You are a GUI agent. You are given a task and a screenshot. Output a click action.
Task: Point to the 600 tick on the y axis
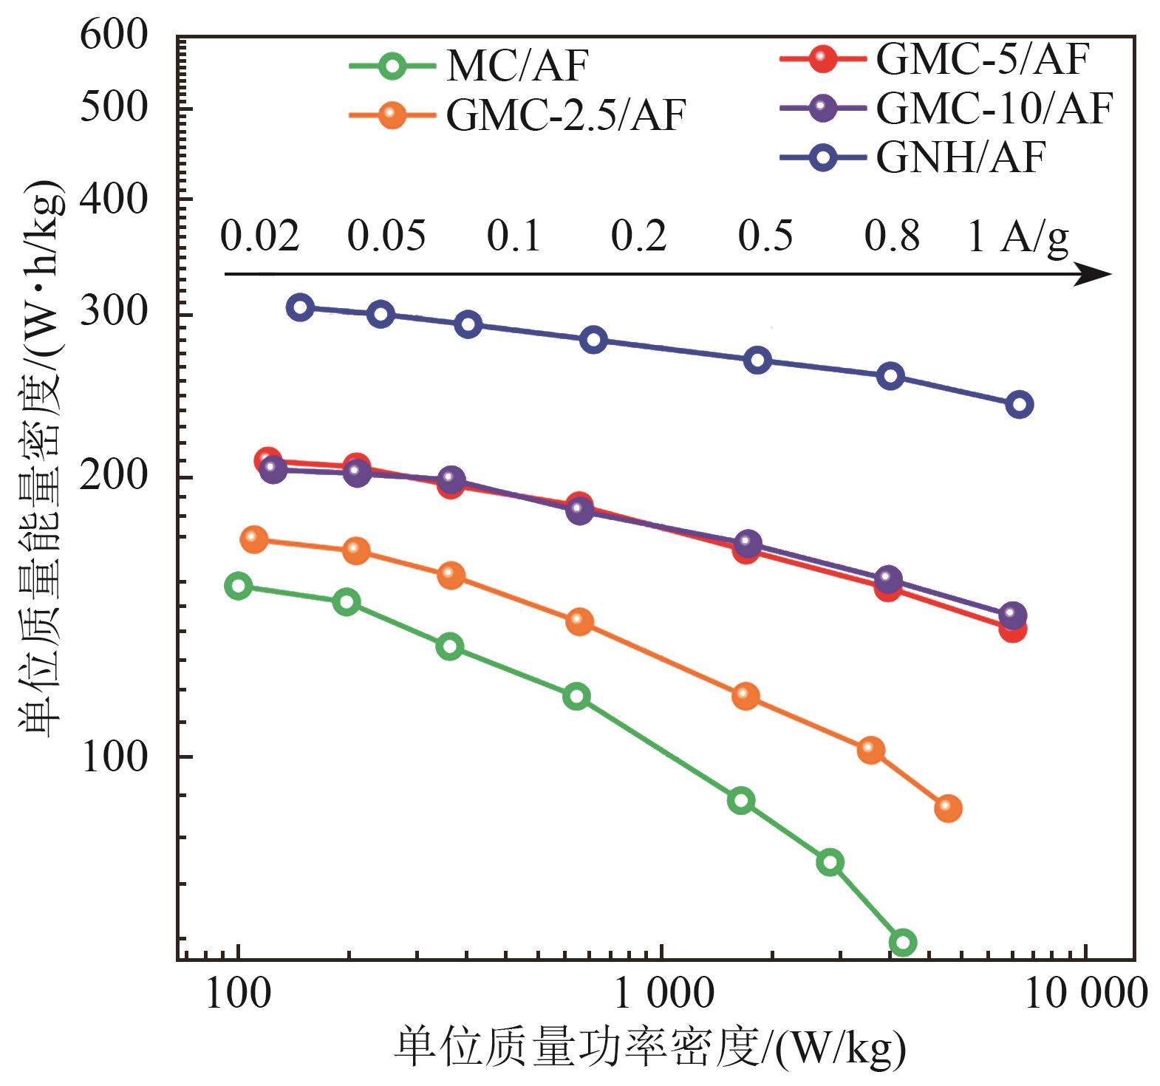[115, 35]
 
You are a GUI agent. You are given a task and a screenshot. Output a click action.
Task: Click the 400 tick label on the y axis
[115, 199]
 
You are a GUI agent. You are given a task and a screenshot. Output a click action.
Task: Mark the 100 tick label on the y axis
[115, 757]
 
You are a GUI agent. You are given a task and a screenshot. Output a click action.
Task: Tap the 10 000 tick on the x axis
[1085, 994]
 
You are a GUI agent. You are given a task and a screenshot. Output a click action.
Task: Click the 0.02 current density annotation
[260, 236]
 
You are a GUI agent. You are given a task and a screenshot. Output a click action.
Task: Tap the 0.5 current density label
[765, 236]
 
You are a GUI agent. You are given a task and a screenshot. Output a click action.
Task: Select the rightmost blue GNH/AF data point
[1020, 404]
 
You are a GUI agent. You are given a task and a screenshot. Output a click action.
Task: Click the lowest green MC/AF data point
[903, 942]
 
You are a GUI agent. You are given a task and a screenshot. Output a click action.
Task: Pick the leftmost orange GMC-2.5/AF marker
[254, 539]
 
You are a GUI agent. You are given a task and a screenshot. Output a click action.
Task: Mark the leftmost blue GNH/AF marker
[300, 307]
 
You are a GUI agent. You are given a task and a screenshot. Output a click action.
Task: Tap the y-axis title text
[41, 458]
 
